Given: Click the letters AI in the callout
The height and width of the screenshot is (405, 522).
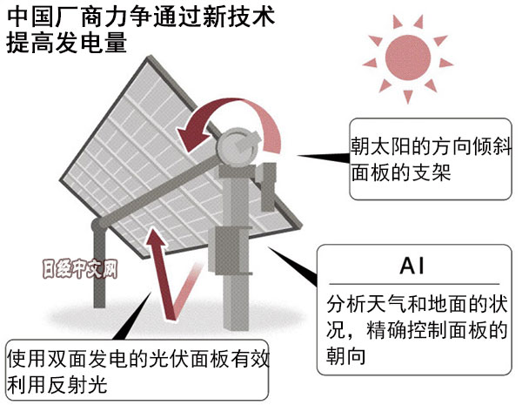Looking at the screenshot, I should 412,263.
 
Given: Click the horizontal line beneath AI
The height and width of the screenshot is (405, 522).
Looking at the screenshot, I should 412,284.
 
